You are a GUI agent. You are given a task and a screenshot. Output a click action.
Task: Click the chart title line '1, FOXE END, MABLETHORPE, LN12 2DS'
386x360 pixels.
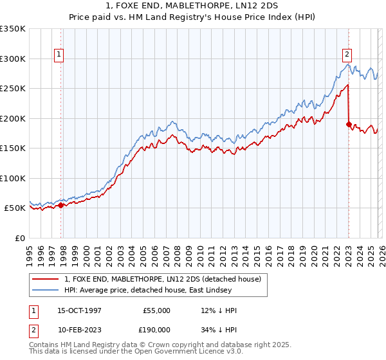193,6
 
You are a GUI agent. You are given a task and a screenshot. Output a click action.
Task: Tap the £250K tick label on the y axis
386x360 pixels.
13,89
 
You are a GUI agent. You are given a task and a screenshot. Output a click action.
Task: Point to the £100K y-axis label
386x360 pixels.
13,178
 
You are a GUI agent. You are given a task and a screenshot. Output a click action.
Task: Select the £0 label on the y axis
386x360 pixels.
21,238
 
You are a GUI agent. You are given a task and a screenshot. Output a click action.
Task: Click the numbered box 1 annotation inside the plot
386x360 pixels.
59,55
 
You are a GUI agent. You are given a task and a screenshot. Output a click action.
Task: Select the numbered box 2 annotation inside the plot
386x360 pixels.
347,55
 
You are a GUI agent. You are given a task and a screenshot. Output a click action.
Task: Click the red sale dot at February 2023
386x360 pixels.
349,125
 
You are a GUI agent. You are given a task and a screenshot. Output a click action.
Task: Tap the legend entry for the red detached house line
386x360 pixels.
162,279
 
